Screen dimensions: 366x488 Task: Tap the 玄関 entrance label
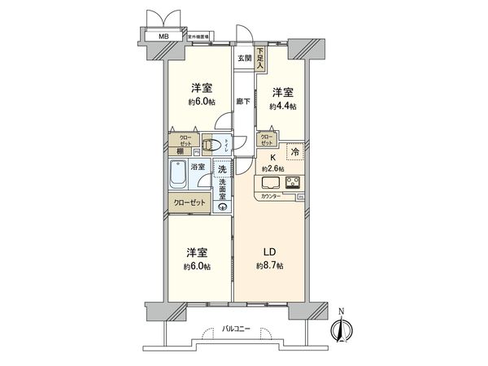point(244,58)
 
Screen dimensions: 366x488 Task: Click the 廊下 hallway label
point(243,101)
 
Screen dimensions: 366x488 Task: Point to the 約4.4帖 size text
point(284,107)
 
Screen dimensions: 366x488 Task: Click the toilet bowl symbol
point(210,146)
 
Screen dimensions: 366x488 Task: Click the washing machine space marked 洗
point(221,170)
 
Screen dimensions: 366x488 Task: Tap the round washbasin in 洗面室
point(221,206)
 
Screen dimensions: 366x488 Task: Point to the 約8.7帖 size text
point(268,267)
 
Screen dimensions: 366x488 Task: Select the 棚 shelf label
point(178,151)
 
